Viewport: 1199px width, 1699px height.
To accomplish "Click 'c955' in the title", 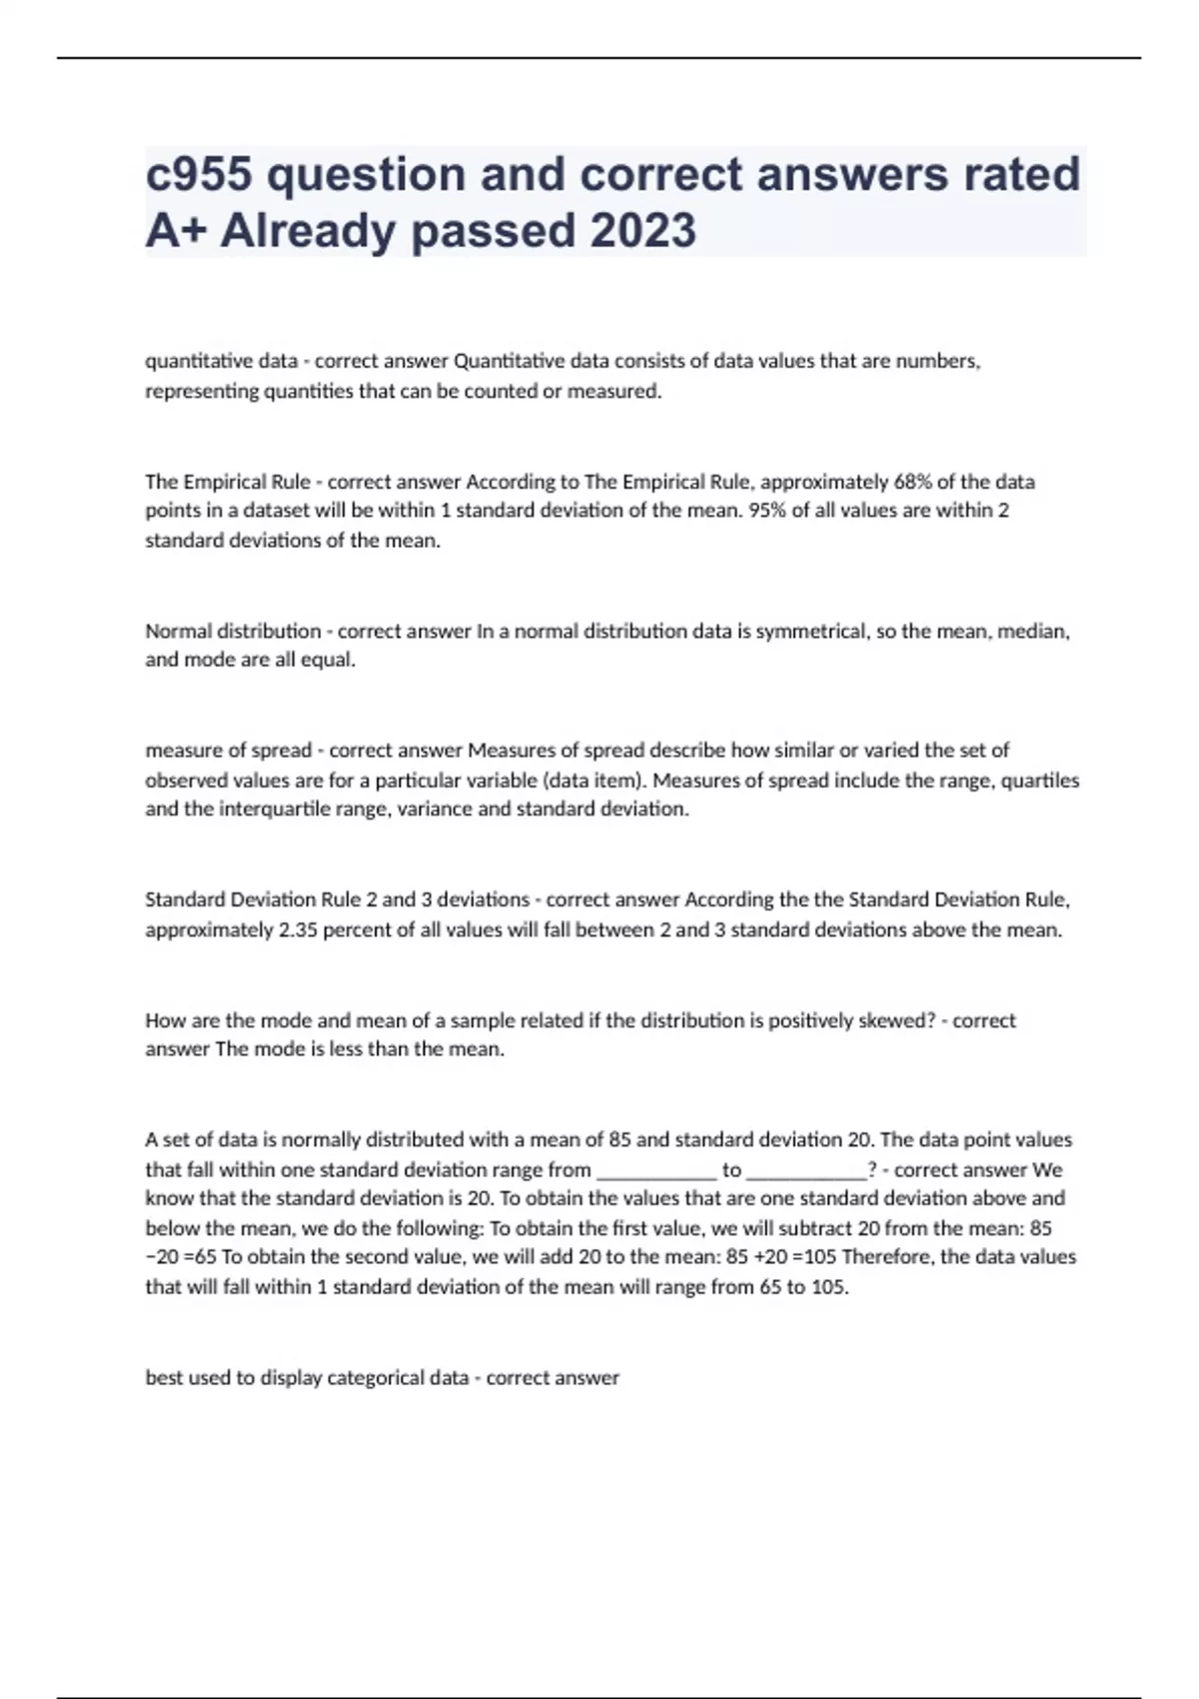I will coord(199,174).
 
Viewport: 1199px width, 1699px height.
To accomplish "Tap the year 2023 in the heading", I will coord(642,231).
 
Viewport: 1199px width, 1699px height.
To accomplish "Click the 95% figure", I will coord(768,511).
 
